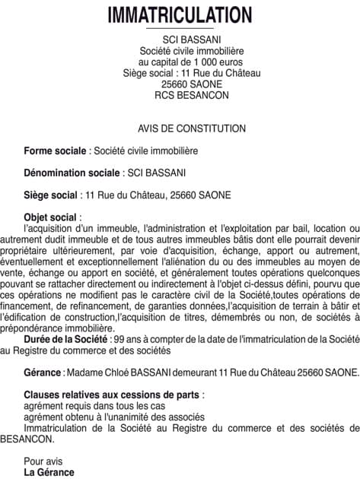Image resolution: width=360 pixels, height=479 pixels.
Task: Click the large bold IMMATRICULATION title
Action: click(180, 14)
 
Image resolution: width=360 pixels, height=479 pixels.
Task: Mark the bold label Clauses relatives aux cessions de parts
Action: click(113, 395)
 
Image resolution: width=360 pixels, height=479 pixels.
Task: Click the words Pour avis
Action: click(45, 462)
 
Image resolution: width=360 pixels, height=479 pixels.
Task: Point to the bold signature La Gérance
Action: click(49, 472)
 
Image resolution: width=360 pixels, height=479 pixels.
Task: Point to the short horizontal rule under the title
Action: click(180, 27)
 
